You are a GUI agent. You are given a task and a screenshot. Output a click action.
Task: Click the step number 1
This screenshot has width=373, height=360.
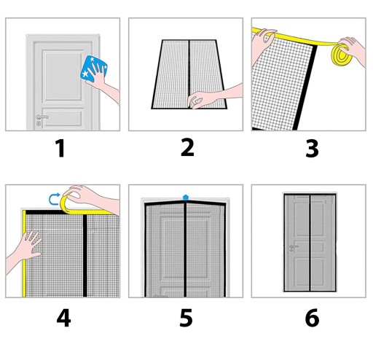point(60,148)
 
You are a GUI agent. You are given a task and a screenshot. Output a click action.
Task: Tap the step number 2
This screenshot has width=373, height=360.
point(187,147)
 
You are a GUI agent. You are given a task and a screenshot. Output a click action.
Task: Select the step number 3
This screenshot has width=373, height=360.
point(312,149)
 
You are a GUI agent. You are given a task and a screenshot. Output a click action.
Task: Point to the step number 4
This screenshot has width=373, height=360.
point(63,318)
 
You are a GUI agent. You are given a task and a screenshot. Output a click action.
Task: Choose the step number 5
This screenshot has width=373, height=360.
point(186,318)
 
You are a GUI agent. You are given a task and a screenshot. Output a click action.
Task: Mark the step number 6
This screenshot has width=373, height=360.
point(313,318)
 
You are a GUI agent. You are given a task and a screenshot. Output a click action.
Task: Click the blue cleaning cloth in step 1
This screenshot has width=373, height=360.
point(93,69)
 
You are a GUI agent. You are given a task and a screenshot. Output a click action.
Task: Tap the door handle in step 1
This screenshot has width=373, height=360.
point(42,117)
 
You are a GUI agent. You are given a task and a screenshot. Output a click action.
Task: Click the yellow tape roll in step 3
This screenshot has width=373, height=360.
point(340,55)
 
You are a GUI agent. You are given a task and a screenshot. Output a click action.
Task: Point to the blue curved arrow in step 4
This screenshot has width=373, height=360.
point(53,199)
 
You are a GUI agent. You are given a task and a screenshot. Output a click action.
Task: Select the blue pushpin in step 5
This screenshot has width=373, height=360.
point(186,197)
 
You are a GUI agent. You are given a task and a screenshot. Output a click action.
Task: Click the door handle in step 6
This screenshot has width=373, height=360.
point(294,248)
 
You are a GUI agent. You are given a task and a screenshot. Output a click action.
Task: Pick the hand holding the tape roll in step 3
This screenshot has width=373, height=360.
point(353,51)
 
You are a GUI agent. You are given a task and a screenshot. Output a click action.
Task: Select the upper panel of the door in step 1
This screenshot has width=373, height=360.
point(63,76)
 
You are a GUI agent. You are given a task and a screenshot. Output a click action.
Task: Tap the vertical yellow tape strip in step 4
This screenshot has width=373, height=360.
point(24,254)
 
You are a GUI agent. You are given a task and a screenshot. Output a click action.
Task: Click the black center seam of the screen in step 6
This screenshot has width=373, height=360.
point(310,243)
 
